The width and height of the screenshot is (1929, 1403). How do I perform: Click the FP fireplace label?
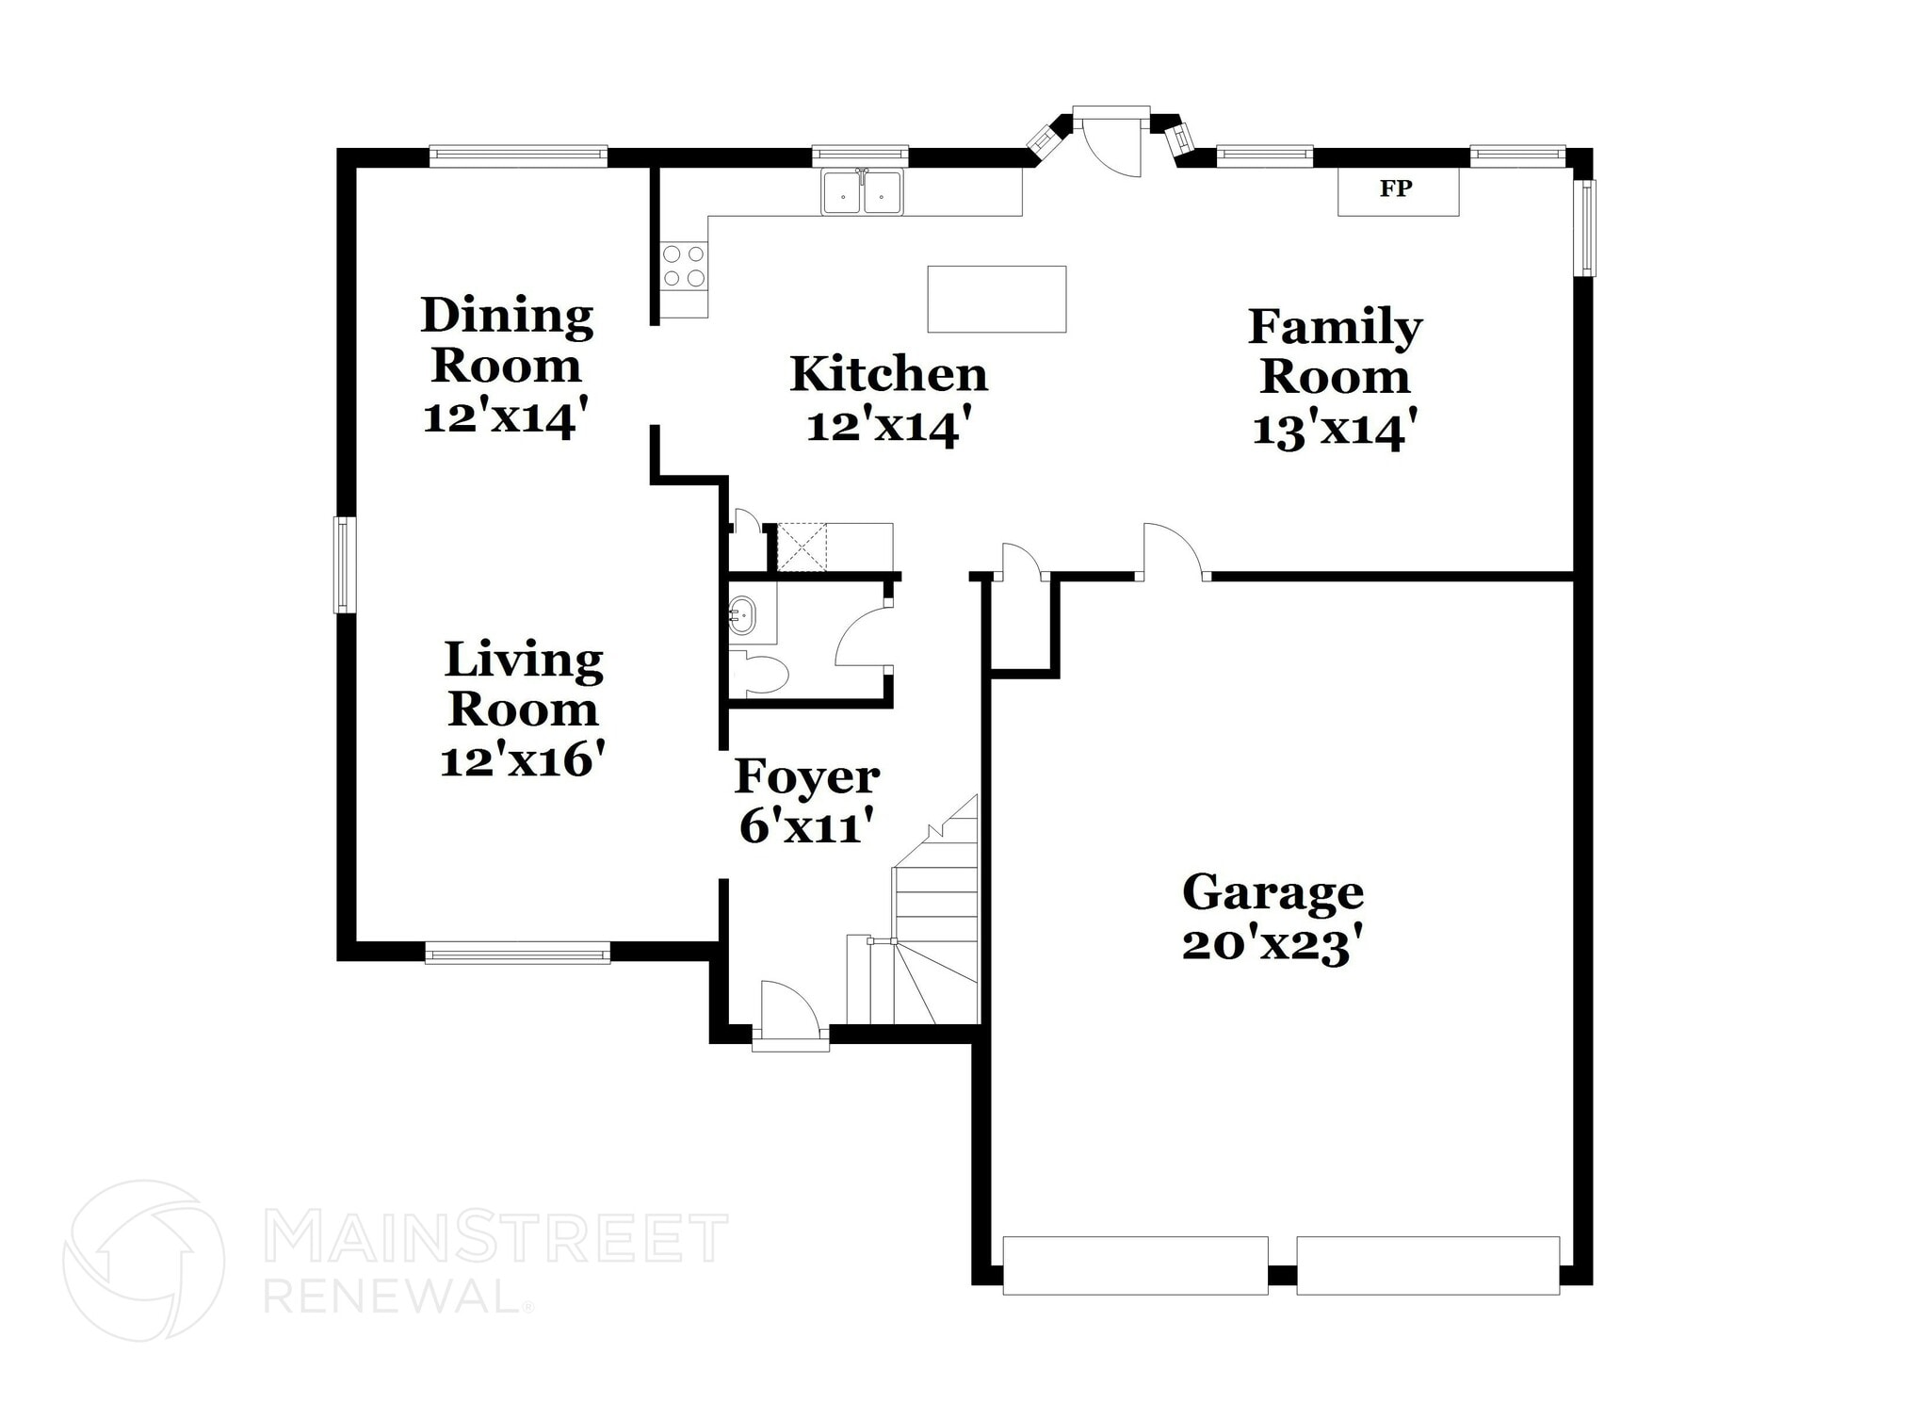click(x=1395, y=189)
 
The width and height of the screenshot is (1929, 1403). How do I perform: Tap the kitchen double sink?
click(x=861, y=193)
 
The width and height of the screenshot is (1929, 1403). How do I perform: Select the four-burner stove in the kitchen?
click(x=684, y=266)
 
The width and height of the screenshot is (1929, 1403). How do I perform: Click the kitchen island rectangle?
click(x=997, y=299)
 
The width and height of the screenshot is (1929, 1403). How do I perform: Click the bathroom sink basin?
click(x=743, y=615)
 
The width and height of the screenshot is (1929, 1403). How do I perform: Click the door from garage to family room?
click(x=1172, y=551)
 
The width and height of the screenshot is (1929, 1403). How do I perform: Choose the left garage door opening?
click(x=1135, y=1265)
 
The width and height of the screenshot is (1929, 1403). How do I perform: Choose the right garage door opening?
click(x=1428, y=1265)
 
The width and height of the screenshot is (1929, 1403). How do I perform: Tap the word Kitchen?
click(x=888, y=374)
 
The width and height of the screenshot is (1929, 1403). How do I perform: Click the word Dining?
click(x=507, y=316)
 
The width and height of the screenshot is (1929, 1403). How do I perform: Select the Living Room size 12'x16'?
click(x=522, y=759)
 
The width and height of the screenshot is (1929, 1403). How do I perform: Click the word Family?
click(x=1335, y=327)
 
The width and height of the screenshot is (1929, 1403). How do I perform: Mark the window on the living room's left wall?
click(x=345, y=564)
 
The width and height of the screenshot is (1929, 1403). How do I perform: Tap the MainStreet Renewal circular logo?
click(x=143, y=1260)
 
